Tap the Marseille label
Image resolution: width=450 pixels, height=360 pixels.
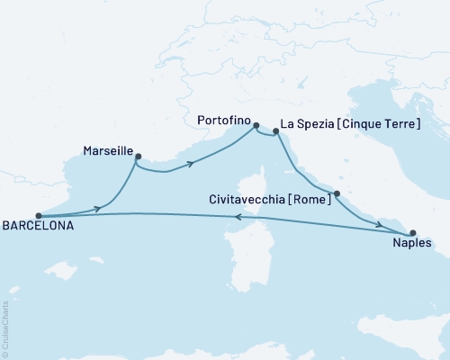coord(108,152)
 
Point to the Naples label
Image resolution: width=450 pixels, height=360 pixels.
coord(412,242)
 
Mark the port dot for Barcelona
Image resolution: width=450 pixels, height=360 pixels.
coord(38,216)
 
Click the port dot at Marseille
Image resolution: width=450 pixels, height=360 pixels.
coord(138,157)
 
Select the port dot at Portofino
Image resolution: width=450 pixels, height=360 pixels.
coord(256,126)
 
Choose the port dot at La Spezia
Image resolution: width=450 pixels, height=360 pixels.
coord(275,132)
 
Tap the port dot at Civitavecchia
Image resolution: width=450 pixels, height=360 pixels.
coord(336,193)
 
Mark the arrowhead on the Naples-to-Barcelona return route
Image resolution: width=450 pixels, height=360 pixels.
coord(236,216)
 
